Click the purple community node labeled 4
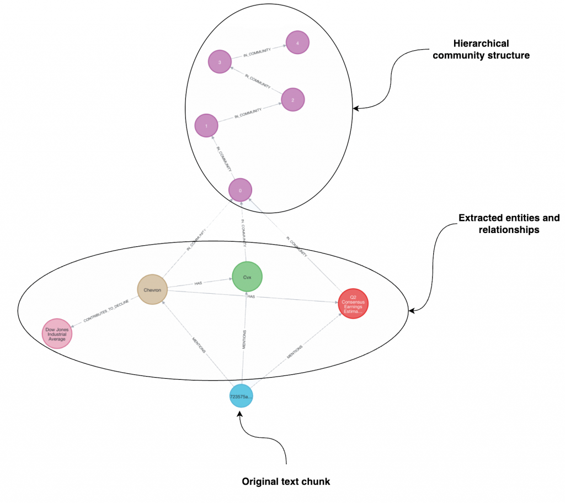tap(297, 42)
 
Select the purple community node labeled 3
tap(220, 62)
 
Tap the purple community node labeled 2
tap(292, 100)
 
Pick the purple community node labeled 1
tap(206, 126)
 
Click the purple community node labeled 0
tap(241, 190)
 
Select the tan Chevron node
tap(152, 288)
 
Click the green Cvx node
tap(247, 276)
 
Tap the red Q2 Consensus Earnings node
tap(353, 304)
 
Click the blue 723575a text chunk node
tap(241, 395)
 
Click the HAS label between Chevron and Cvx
tap(198, 283)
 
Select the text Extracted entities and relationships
tap(509, 224)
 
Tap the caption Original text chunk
tap(286, 481)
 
